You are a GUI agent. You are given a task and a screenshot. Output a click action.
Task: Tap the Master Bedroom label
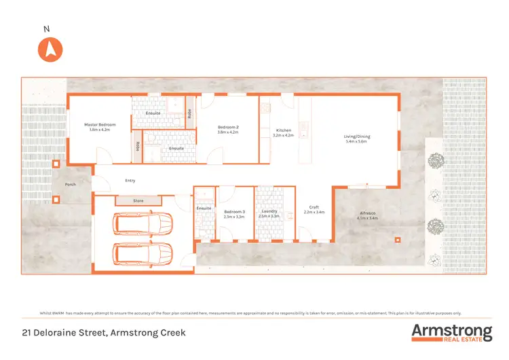point(100,125)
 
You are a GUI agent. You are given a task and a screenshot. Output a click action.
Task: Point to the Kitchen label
point(283,130)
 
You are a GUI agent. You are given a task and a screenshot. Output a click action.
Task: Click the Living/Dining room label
point(357,137)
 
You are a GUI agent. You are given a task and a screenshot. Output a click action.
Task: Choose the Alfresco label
point(368,214)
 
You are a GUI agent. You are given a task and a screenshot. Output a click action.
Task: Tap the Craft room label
point(314,207)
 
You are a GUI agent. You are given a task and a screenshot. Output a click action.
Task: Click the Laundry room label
point(269,212)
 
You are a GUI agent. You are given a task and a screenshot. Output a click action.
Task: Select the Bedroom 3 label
point(233,212)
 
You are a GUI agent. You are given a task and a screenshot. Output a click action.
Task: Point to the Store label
point(138,200)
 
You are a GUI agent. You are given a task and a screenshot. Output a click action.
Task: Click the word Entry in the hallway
point(130,181)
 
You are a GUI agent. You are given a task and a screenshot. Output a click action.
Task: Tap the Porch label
point(70,184)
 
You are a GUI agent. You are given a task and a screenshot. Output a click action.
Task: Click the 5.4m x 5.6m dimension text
point(357,142)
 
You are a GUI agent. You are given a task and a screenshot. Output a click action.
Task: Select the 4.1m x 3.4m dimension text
point(368,219)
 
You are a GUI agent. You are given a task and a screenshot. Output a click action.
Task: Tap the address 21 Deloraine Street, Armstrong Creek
point(103,333)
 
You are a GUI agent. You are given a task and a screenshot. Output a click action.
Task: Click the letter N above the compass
point(46,29)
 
